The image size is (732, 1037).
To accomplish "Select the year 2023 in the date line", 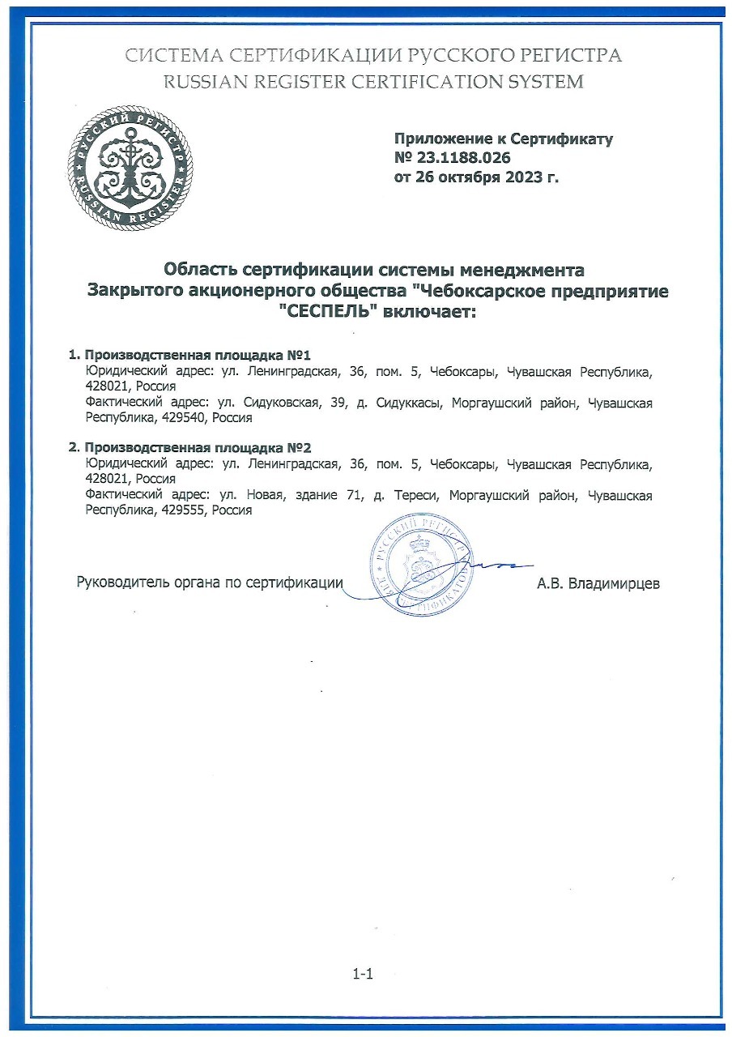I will click(x=524, y=177).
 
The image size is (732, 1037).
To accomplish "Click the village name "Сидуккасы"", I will click(x=411, y=403).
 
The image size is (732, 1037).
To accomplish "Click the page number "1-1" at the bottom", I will click(x=362, y=975).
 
